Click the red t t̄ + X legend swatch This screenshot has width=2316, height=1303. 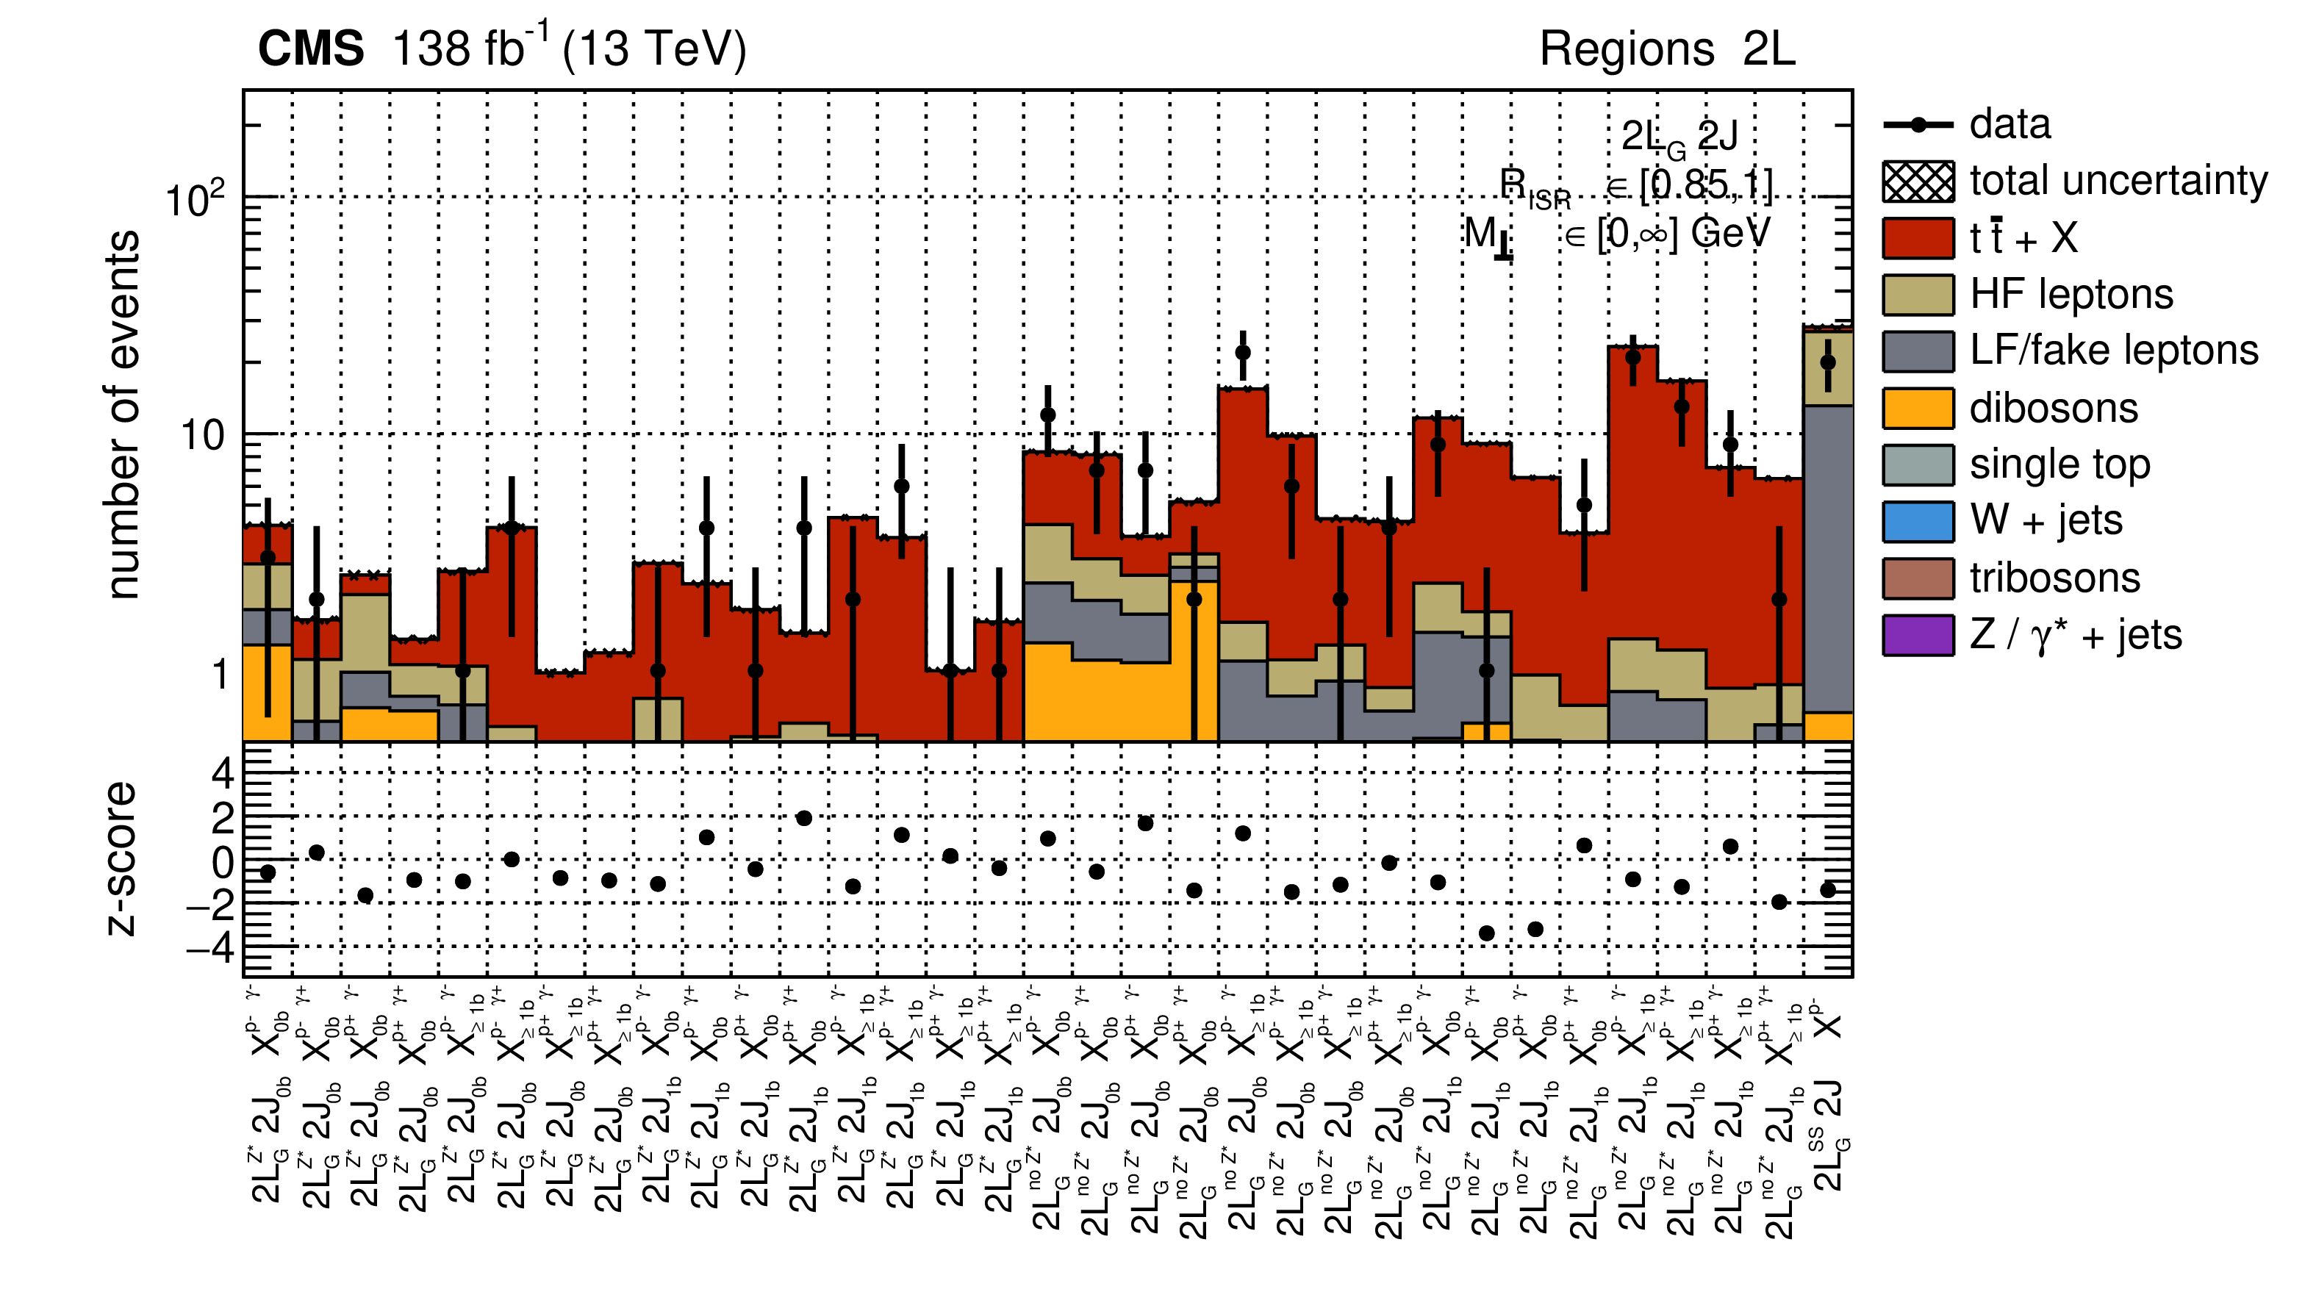[1918, 238]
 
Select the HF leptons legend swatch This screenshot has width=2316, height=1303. [1918, 295]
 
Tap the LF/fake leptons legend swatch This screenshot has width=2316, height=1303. [1918, 351]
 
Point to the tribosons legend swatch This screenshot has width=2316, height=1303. [1918, 578]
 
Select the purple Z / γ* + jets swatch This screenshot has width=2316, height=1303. [1918, 635]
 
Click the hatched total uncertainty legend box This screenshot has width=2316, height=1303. [1918, 182]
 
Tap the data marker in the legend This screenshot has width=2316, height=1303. [1918, 125]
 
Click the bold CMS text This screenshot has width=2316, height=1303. [311, 49]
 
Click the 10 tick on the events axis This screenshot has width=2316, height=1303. [202, 435]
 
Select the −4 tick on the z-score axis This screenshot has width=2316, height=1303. [209, 947]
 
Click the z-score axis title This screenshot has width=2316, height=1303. [121, 859]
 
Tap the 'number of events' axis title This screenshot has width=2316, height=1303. [123, 414]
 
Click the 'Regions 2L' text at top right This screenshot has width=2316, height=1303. [1667, 49]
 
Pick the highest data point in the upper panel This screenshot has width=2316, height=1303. [1242, 353]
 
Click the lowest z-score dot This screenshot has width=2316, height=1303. [1486, 933]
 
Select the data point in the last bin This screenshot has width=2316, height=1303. [1828, 362]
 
